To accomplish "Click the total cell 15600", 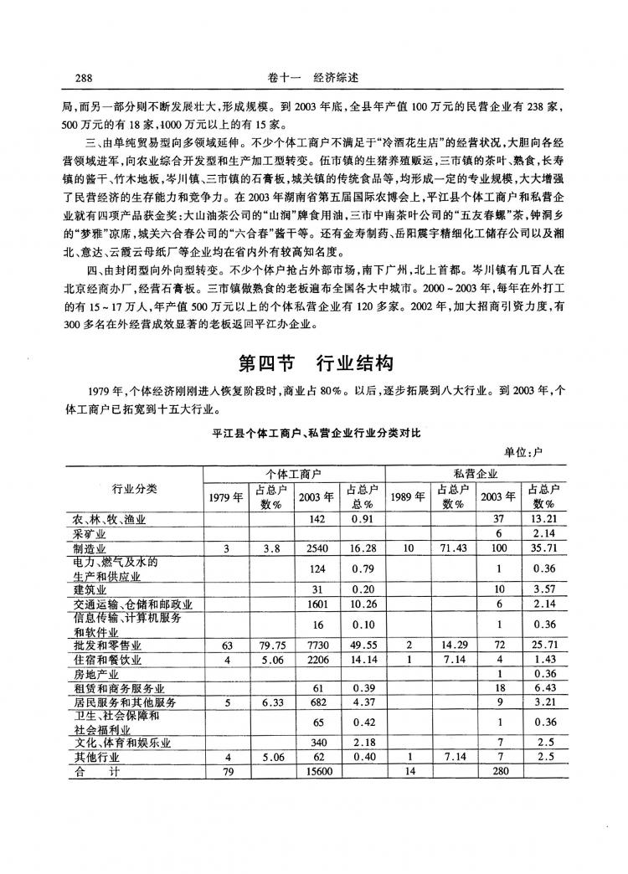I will [x=315, y=774].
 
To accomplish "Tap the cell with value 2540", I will [x=315, y=548].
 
